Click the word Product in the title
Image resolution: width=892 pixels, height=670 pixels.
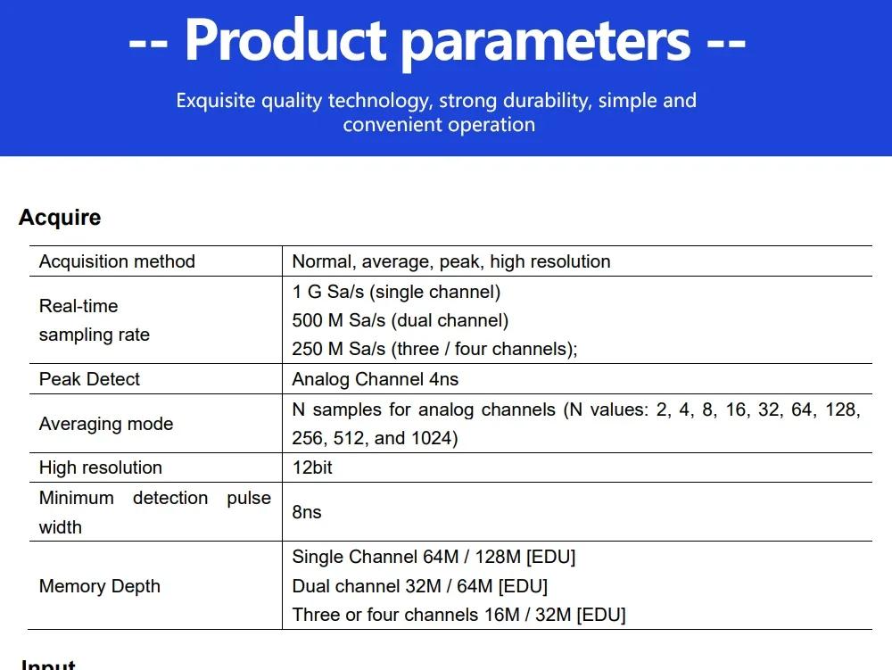pyautogui.click(x=285, y=40)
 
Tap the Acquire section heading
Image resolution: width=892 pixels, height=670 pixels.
pyautogui.click(x=60, y=218)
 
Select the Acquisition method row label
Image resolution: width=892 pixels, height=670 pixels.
pyautogui.click(x=117, y=261)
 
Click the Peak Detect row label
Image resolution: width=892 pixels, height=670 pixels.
pyautogui.click(x=89, y=379)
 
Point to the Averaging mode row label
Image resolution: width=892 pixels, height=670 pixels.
pyautogui.click(x=106, y=424)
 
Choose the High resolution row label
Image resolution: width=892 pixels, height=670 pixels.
pyautogui.click(x=101, y=467)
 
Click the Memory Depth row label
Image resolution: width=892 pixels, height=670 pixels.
pyautogui.click(x=100, y=586)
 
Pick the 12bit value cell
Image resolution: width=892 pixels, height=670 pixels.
pyautogui.click(x=312, y=467)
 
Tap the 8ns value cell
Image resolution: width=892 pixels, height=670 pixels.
pyautogui.click(x=307, y=512)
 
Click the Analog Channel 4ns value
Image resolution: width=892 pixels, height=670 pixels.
pyautogui.click(x=376, y=379)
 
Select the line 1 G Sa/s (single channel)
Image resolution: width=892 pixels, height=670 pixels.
pyautogui.click(x=397, y=292)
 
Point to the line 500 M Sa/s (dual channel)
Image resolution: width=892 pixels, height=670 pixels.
pyautogui.click(x=401, y=320)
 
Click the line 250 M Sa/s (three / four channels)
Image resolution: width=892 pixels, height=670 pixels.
pyautogui.click(x=435, y=349)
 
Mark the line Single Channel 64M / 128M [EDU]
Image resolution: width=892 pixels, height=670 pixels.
pyautogui.click(x=434, y=556)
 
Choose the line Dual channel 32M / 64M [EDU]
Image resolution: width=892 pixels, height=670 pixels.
pyautogui.click(x=420, y=586)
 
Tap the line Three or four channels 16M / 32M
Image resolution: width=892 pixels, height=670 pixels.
pyautogui.click(x=459, y=615)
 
